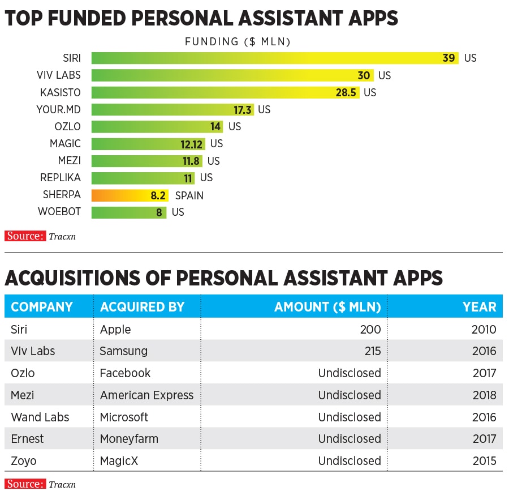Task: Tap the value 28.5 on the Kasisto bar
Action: coord(346,92)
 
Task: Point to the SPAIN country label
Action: coord(189,195)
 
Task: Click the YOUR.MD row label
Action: coord(59,109)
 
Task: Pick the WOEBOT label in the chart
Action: coord(59,212)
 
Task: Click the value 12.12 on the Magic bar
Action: coord(192,144)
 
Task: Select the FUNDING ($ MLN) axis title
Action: coord(238,41)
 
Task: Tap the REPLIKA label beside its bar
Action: coord(61,178)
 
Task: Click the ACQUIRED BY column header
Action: coord(143,307)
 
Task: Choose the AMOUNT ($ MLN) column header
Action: coord(327,307)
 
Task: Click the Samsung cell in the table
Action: coord(123,351)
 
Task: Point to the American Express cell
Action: coord(146,395)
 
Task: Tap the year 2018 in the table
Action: coord(484,395)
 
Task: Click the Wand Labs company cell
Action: coord(40,417)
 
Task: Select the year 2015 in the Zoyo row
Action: coord(484,461)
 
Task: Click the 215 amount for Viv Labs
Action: coord(371,351)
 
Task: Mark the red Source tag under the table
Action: coord(25,484)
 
